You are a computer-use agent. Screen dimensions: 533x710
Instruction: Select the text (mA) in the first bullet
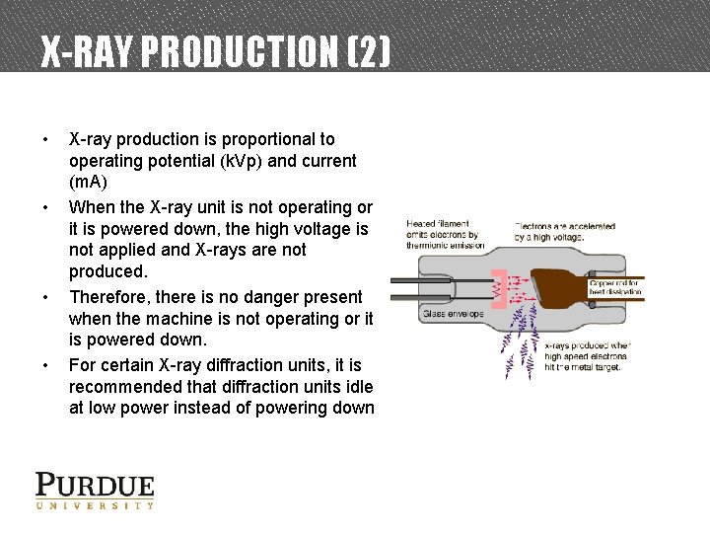[88, 183]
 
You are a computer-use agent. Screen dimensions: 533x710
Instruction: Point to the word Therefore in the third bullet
[107, 297]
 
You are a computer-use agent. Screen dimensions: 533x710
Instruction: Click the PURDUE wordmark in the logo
[95, 486]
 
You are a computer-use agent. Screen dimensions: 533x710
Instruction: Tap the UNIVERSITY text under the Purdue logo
[95, 505]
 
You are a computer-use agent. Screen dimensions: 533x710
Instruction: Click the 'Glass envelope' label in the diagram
[453, 315]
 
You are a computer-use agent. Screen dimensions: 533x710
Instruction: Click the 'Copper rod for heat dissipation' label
[615, 287]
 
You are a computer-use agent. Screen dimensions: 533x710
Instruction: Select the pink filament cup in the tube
[499, 289]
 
